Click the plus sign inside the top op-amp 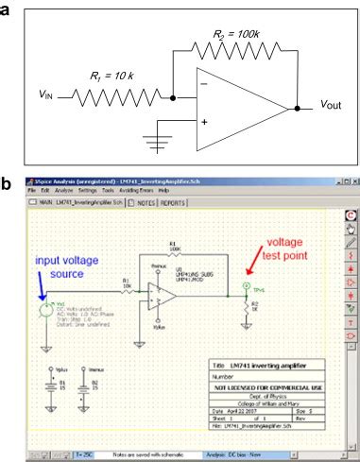pyautogui.click(x=204, y=122)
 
